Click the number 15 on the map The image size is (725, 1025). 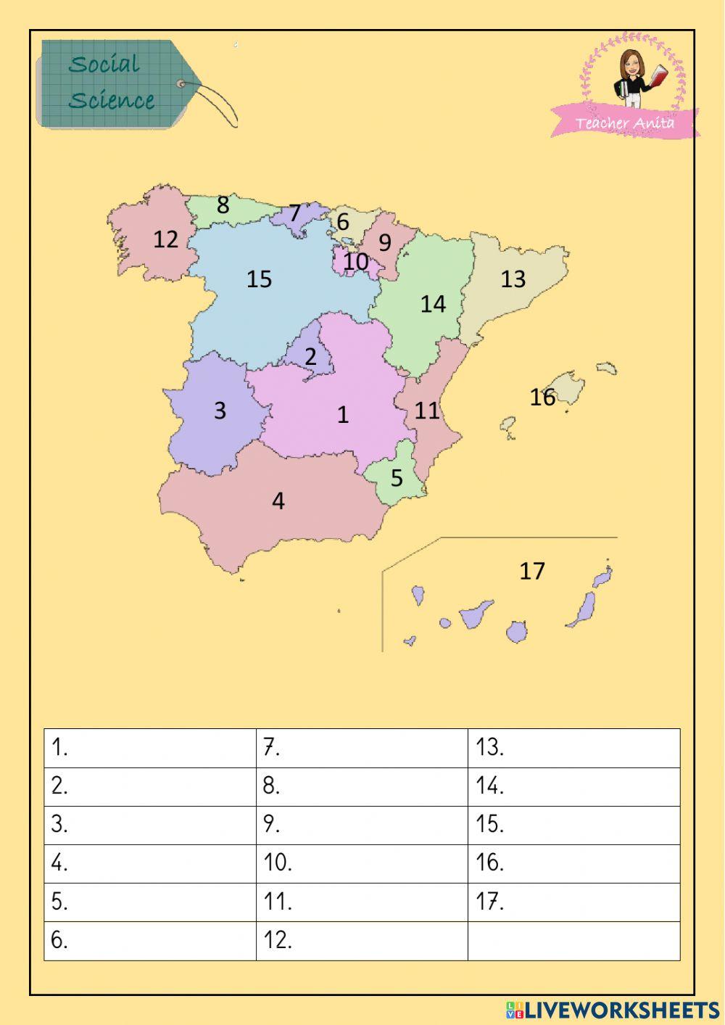pyautogui.click(x=259, y=279)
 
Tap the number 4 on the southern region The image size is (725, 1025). pyautogui.click(x=278, y=501)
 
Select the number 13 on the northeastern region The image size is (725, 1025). pyautogui.click(x=513, y=279)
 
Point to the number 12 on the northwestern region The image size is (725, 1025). pyautogui.click(x=165, y=239)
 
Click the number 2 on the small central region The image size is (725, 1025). pyautogui.click(x=310, y=357)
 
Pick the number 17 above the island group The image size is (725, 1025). pyautogui.click(x=531, y=571)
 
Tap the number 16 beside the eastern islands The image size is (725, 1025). pyautogui.click(x=542, y=397)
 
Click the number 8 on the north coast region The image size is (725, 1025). pyautogui.click(x=223, y=205)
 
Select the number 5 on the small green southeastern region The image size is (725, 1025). pyautogui.click(x=397, y=478)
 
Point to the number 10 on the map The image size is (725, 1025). pyautogui.click(x=355, y=261)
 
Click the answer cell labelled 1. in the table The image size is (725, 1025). pyautogui.click(x=150, y=748)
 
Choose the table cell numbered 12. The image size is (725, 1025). pyautogui.click(x=362, y=941)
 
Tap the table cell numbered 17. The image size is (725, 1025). pyautogui.click(x=573, y=902)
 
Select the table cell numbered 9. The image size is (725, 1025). pyautogui.click(x=362, y=825)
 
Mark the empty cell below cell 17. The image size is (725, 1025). pyautogui.click(x=573, y=941)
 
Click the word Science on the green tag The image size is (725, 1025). pyautogui.click(x=112, y=100)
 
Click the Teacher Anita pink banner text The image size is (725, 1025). pyautogui.click(x=624, y=123)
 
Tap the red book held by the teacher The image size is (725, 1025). pyautogui.click(x=659, y=75)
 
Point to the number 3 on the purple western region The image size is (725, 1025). pyautogui.click(x=220, y=411)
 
